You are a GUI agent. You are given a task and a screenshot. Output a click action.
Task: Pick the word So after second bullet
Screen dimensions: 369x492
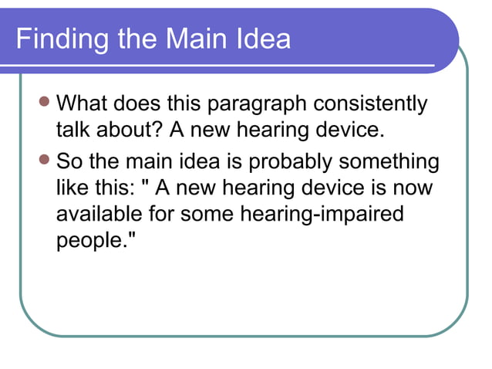70,162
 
